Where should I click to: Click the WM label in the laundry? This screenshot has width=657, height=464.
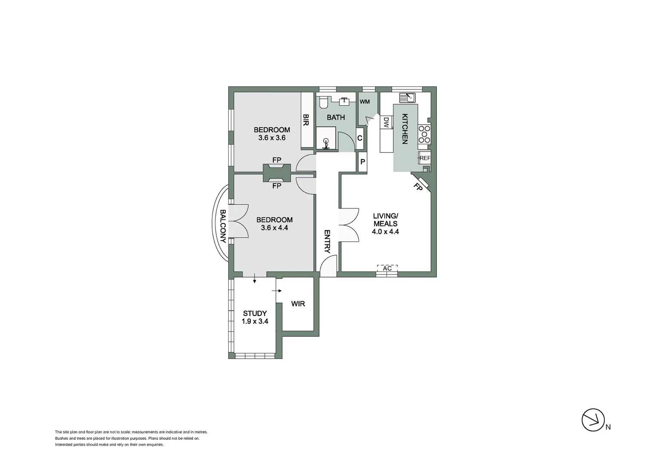pyautogui.click(x=365, y=102)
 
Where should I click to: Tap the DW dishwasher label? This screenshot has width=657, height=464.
pyautogui.click(x=386, y=123)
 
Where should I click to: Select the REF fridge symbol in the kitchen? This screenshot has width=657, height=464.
pyautogui.click(x=424, y=158)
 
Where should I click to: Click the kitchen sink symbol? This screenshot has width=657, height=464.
pyautogui.click(x=407, y=98)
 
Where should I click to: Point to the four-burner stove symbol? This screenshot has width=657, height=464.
pyautogui.click(x=424, y=134)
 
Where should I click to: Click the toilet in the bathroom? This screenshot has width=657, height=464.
pyautogui.click(x=323, y=103)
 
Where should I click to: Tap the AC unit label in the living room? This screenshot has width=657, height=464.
pyautogui.click(x=387, y=269)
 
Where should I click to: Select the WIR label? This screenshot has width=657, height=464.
pyautogui.click(x=298, y=304)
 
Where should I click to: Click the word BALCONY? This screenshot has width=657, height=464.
pyautogui.click(x=223, y=226)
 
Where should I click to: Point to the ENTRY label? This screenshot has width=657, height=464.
pyautogui.click(x=327, y=241)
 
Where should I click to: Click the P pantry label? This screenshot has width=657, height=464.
pyautogui.click(x=362, y=162)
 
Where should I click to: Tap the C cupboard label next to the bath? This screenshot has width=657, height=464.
pyautogui.click(x=360, y=138)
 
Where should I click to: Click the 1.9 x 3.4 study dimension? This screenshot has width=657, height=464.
pyautogui.click(x=255, y=321)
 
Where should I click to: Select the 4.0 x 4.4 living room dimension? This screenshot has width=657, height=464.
pyautogui.click(x=385, y=232)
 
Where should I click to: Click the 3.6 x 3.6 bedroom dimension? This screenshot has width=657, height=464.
pyautogui.click(x=272, y=138)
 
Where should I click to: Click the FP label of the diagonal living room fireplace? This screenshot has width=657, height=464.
pyautogui.click(x=418, y=187)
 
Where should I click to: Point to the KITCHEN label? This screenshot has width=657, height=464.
pyautogui.click(x=405, y=128)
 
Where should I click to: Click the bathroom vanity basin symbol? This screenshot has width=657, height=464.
pyautogui.click(x=344, y=101)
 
